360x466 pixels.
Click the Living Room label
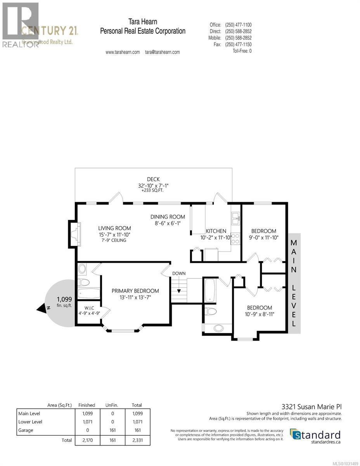[x=114, y=228]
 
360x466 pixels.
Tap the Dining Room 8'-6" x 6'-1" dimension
[x=168, y=223]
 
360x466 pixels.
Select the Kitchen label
[x=216, y=231]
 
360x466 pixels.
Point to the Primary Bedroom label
[x=135, y=290]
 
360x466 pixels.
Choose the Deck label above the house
[x=154, y=179]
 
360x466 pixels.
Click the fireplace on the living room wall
[x=75, y=234]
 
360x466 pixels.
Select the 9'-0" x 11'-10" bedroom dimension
[x=264, y=237]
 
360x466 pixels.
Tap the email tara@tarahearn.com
[x=162, y=52]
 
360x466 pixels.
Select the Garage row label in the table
[x=26, y=430]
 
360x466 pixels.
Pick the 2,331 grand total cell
[x=137, y=440]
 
